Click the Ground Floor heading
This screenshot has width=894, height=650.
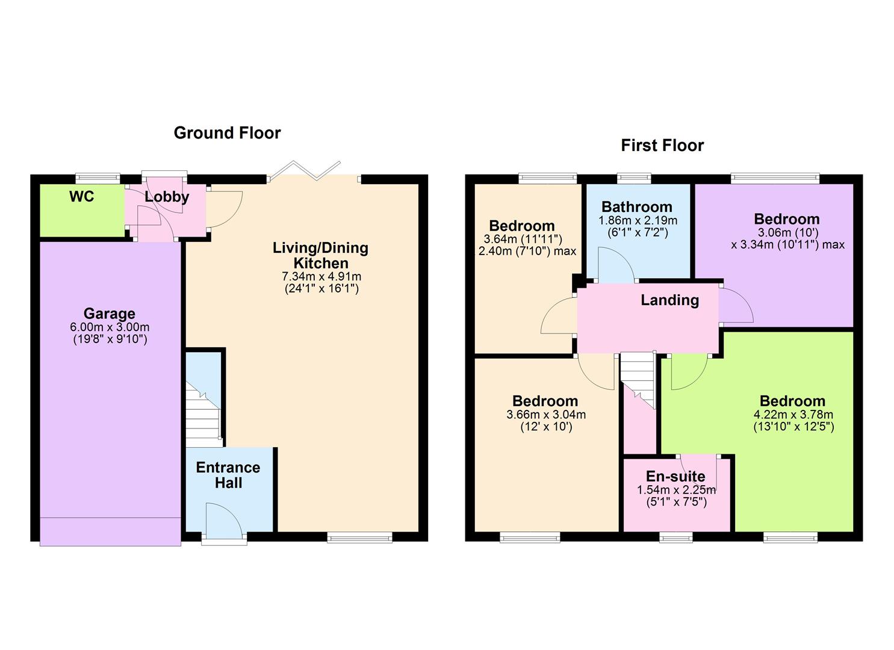click(227, 133)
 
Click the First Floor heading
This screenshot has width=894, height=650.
click(662, 146)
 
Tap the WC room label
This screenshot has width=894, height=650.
click(81, 197)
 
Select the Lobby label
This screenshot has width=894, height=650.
click(167, 197)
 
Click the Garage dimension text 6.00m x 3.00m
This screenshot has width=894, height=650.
click(110, 327)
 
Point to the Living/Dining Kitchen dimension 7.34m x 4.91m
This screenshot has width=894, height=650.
click(321, 277)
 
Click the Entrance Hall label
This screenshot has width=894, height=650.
click(228, 475)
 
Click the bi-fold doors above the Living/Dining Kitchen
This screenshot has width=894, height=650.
click(305, 170)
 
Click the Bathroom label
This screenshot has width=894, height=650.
click(636, 207)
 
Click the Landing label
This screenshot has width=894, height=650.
click(669, 300)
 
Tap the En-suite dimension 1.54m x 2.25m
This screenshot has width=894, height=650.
click(676, 490)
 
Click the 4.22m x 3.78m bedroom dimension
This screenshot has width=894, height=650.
click(793, 415)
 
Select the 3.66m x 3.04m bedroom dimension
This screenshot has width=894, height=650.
click(545, 415)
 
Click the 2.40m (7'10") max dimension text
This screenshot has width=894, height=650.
click(527, 251)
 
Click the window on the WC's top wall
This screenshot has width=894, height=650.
click(98, 178)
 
